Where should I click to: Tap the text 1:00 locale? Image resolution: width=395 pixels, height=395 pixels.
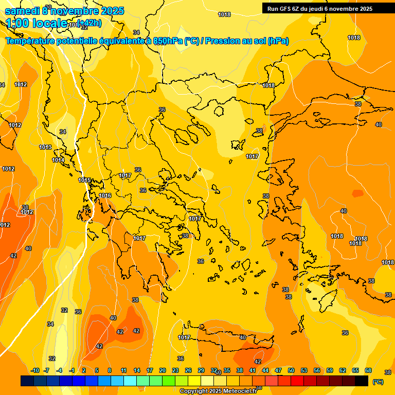(x=36, y=23)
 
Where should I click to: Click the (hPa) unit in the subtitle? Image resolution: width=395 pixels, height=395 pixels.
(x=278, y=41)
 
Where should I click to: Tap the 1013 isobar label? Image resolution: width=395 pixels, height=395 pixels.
(x=45, y=147)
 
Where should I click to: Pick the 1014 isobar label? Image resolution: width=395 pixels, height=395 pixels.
(x=58, y=160)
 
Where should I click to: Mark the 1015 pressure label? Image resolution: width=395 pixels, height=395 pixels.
(x=84, y=180)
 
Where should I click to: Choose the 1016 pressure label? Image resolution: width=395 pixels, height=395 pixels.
(x=105, y=195)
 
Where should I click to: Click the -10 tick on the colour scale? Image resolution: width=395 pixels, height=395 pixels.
(x=35, y=370)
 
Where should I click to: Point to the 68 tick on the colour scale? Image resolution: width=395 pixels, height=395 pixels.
(x=368, y=370)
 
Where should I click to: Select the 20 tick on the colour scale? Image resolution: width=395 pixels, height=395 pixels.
(x=162, y=370)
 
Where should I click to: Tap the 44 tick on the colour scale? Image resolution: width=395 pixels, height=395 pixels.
(x=265, y=370)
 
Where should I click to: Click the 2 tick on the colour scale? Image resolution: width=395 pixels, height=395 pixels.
(x=83, y=370)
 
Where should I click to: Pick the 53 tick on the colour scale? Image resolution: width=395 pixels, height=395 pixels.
(x=304, y=370)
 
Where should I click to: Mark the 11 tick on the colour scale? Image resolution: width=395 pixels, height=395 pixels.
(x=123, y=370)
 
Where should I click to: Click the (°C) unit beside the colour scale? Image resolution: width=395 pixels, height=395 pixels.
(x=378, y=381)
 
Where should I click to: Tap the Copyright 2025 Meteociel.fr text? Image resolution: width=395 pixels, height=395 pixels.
(x=219, y=391)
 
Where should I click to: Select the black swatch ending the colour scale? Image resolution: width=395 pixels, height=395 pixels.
(x=362, y=381)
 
